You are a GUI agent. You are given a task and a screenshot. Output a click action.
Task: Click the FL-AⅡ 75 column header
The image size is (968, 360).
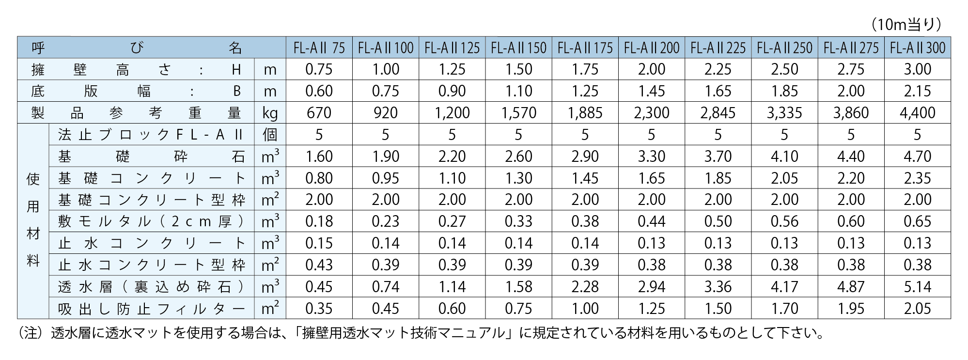pos(319,48)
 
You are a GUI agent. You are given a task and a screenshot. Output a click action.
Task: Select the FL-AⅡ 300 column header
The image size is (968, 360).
pos(918,48)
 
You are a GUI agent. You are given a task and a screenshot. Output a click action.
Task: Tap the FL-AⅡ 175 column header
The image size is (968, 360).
pos(585,48)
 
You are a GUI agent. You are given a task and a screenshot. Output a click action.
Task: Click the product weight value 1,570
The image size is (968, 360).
pos(518,113)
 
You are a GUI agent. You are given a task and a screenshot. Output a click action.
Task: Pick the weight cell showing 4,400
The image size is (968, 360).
pos(917,113)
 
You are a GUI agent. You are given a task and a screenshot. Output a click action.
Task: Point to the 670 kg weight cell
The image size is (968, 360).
pos(319,113)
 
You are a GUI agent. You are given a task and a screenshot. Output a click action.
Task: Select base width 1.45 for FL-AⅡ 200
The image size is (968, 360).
pos(651,91)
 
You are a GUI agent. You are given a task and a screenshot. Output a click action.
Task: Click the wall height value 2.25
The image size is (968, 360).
pos(718,69)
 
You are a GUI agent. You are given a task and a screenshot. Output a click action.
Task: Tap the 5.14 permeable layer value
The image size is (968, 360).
pos(917,287)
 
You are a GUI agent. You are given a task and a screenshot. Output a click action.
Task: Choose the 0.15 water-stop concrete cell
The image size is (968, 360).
pos(319,243)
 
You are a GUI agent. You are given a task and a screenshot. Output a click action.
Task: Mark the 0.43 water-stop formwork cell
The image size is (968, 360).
pos(319,265)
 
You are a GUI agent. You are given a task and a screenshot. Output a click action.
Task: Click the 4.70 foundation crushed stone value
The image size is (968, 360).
pos(917,157)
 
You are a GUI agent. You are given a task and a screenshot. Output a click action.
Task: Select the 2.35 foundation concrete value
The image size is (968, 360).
pos(917,178)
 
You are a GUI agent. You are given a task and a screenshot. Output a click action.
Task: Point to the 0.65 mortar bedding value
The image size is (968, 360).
pos(917,221)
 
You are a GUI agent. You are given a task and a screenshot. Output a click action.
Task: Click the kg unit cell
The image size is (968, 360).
pos(270,113)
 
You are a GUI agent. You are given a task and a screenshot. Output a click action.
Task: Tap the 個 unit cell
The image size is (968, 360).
pos(270,135)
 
